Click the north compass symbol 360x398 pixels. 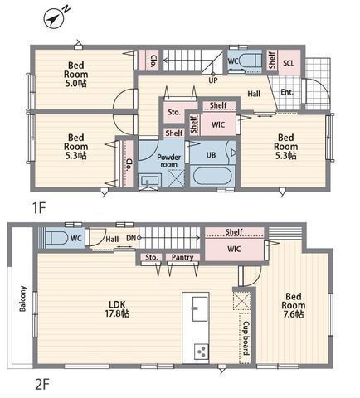(56, 17)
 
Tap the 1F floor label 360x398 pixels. (39, 208)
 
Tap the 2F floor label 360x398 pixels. (42, 384)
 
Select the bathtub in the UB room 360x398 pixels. (212, 177)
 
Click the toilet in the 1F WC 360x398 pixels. (250, 61)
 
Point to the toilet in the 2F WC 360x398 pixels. (56, 238)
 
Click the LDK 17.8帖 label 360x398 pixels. (117, 309)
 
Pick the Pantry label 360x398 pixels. (182, 257)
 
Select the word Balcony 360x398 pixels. (22, 298)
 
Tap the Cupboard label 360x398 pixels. (246, 338)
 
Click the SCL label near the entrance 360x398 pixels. (289, 63)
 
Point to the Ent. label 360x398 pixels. (287, 92)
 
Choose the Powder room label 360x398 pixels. (168, 161)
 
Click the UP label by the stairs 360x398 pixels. (213, 80)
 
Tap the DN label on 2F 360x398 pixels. (131, 238)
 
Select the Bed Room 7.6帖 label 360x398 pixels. (294, 305)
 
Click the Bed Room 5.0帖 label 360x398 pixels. (76, 75)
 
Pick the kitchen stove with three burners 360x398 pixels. (202, 352)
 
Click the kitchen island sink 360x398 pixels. (200, 309)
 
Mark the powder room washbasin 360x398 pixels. (149, 181)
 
